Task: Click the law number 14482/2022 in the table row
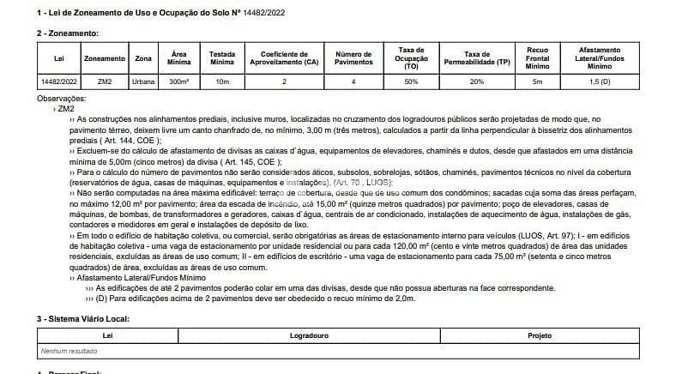(59, 81)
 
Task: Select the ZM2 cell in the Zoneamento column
(105, 81)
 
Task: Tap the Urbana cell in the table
(143, 81)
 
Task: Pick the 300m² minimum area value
(179, 81)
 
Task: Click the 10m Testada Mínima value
(222, 81)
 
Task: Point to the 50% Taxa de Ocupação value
(411, 81)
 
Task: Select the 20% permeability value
(477, 81)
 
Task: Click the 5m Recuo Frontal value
(538, 81)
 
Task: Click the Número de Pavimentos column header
(353, 57)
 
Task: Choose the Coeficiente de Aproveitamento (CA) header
(284, 57)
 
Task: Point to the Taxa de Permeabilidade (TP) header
(477, 57)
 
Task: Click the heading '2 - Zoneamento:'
(69, 33)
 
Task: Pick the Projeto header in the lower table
(540, 335)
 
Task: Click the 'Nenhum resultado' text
(69, 351)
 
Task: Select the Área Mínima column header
(179, 57)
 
